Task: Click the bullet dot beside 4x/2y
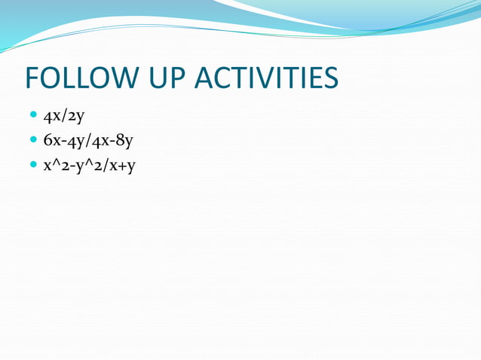click(x=32, y=116)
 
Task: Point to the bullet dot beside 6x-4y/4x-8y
click(x=32, y=140)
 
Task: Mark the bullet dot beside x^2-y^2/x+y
click(x=32, y=164)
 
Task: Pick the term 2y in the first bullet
click(x=76, y=117)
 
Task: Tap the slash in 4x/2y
click(x=64, y=117)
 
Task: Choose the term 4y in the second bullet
click(x=74, y=141)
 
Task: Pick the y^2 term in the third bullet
click(x=88, y=165)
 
